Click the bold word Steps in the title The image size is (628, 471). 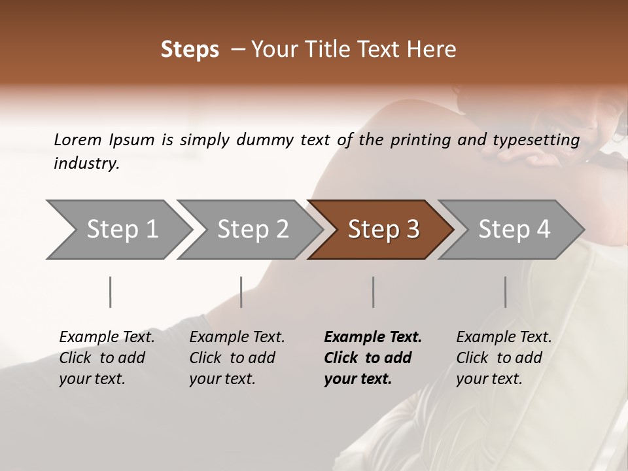190,50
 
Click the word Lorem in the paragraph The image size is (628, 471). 78,139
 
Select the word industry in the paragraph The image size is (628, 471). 86,163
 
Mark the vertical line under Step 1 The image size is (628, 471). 111,292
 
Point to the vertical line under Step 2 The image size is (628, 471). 241,292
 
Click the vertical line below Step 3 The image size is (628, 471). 374,292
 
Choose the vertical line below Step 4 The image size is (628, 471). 505,292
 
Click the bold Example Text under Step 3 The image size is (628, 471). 373,338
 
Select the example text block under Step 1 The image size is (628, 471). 107,358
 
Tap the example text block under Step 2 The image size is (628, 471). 237,358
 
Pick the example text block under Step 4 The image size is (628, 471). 504,358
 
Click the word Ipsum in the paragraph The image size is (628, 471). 131,139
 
